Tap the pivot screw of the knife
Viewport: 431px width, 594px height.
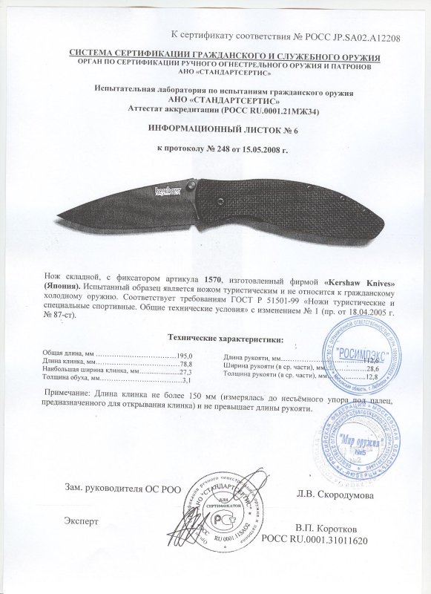tap(191, 183)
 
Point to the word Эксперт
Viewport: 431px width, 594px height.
tap(82, 521)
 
